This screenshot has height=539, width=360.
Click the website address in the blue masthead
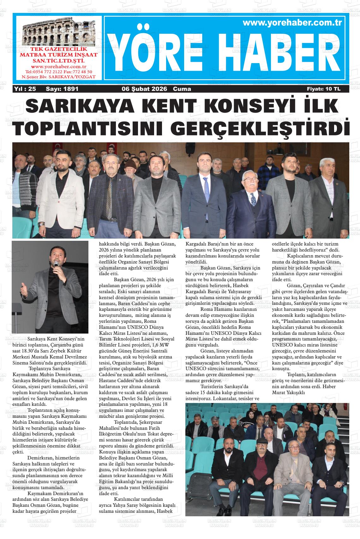(293, 23)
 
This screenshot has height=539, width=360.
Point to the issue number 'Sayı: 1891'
(62, 89)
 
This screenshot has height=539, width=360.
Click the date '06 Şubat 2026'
(144, 89)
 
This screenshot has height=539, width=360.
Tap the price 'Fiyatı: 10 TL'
(324, 89)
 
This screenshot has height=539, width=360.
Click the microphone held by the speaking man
(56, 264)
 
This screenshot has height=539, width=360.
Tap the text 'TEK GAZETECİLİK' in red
(58, 50)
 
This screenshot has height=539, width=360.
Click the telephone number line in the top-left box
(58, 72)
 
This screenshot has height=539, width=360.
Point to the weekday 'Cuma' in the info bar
(182, 89)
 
